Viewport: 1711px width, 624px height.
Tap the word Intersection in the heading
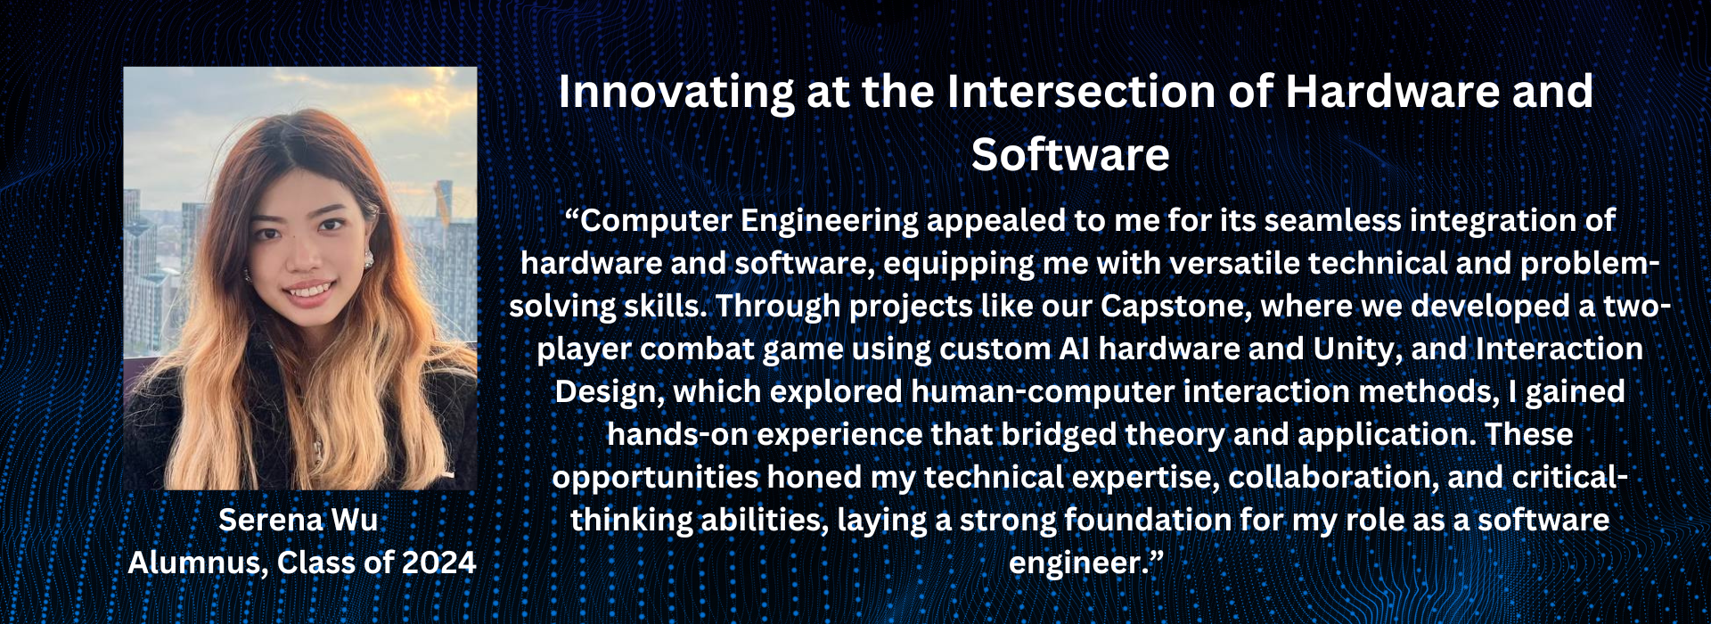1081,92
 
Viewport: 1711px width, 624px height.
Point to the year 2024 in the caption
438,562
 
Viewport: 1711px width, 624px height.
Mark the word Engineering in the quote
830,221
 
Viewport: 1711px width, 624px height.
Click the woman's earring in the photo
367,258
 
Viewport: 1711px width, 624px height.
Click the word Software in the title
1070,155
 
